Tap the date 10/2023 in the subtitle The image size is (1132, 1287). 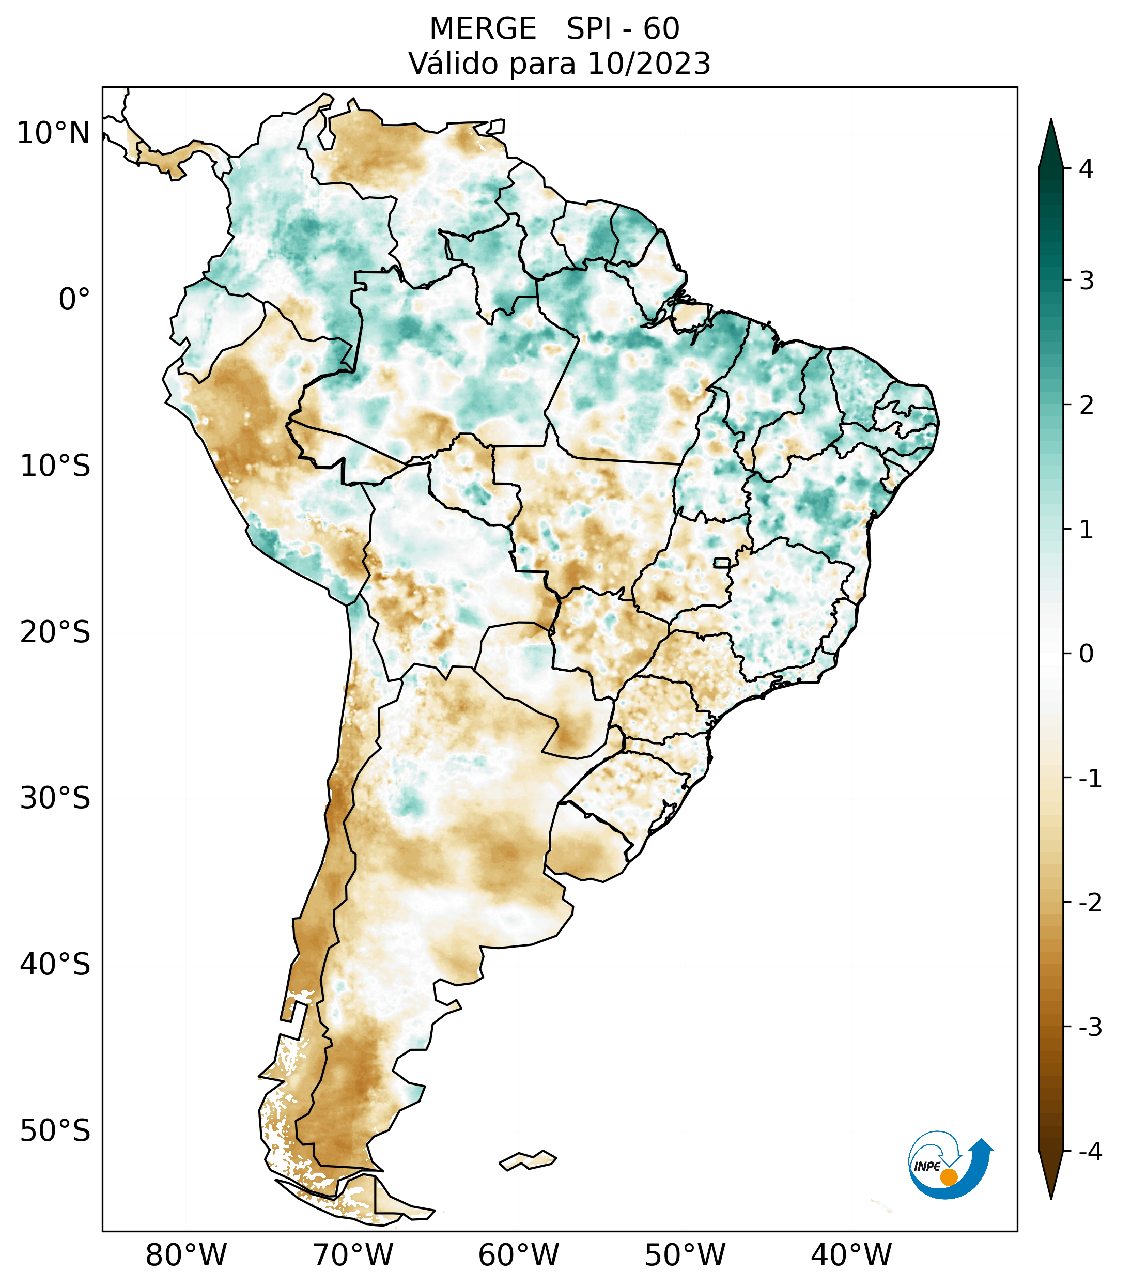point(648,64)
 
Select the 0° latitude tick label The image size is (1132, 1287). point(74,300)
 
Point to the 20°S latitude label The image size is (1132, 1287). point(55,632)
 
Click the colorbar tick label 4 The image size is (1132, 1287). point(1086,169)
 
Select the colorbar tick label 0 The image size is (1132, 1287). point(1086,654)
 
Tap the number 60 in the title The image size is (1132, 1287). point(661,29)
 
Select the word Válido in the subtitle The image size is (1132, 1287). point(447,64)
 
